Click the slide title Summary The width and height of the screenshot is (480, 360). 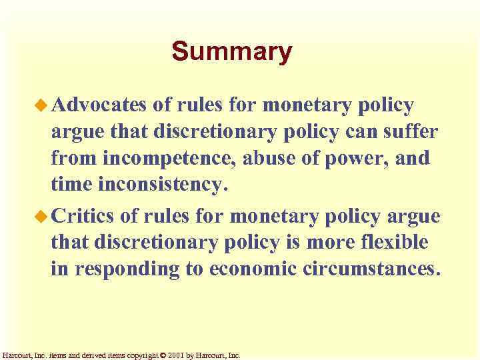tap(231, 51)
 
